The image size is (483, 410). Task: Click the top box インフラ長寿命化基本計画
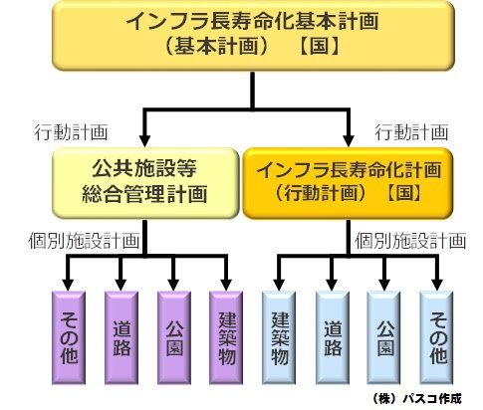pos(253,36)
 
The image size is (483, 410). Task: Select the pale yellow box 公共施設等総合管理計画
pos(145,183)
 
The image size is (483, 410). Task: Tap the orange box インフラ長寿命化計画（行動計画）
pos(348,183)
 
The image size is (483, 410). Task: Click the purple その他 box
pos(69,337)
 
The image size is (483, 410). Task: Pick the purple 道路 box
pos(121,337)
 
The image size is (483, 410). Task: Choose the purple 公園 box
pos(174,337)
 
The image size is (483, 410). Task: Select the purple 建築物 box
pos(226,337)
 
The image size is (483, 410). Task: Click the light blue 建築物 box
pos(279,337)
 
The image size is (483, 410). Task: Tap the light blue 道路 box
pos(332,337)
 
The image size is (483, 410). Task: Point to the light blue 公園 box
pos(383,337)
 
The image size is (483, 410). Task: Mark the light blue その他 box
pos(436,337)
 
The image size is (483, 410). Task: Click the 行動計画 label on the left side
pos(71,132)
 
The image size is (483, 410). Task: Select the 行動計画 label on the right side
pos(411,132)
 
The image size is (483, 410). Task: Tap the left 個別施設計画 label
pos(84,240)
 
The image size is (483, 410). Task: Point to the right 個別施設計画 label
pos(410,240)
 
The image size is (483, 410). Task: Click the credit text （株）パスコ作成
pos(417,398)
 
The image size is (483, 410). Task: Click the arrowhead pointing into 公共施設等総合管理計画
pos(144,140)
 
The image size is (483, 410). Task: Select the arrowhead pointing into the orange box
pos(349,140)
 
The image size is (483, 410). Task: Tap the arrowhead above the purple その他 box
pos(68,285)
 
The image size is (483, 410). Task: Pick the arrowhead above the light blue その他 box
pos(437,285)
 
